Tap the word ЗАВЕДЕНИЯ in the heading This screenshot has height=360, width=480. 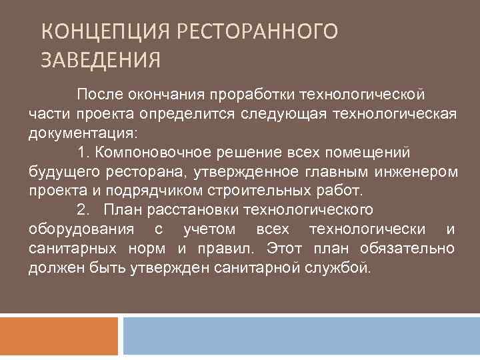tap(101, 61)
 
